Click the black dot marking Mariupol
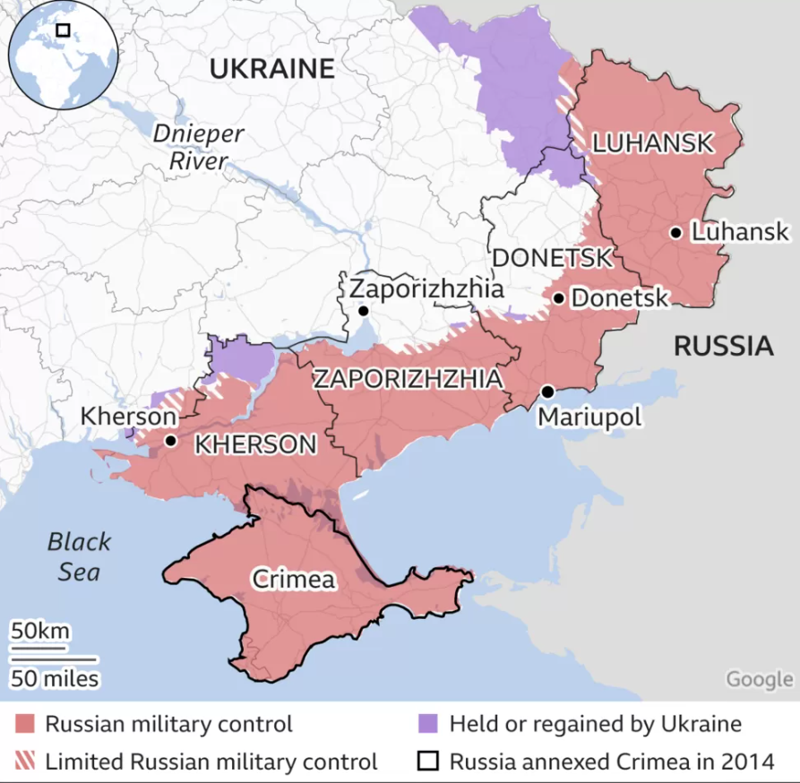[547, 392]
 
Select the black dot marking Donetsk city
[558, 297]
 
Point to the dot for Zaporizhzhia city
[363, 311]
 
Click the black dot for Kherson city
[170, 441]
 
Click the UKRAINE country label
[271, 69]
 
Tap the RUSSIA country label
[723, 346]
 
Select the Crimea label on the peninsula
[294, 580]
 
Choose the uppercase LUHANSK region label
[653, 142]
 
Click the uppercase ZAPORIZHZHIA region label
[407, 379]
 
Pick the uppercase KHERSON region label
[255, 444]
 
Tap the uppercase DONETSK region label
[552, 258]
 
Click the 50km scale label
[39, 632]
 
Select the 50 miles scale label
[55, 679]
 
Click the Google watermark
[759, 679]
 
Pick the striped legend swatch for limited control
[25, 762]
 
